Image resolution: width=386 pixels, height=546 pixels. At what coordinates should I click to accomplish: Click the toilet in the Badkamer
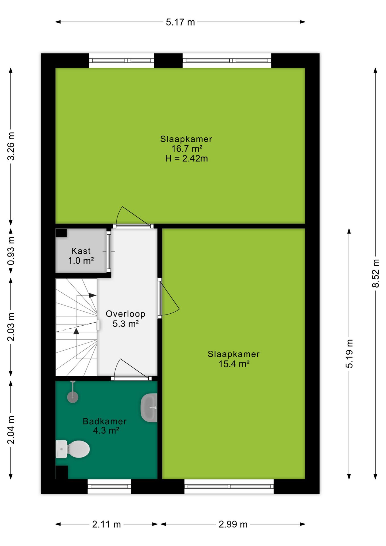(x=72, y=449)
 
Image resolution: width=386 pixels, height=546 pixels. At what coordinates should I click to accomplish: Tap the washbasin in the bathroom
(x=149, y=408)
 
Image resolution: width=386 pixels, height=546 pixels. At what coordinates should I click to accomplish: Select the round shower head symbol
(x=73, y=397)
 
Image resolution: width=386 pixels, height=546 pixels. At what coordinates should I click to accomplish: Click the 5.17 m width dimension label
(x=180, y=22)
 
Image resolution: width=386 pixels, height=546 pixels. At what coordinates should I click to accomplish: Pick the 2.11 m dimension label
(x=107, y=524)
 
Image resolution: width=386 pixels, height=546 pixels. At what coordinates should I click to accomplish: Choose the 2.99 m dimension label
(x=233, y=524)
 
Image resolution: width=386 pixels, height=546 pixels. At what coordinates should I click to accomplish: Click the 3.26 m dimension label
(x=11, y=146)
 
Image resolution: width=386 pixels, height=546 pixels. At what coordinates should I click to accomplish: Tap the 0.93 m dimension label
(x=11, y=251)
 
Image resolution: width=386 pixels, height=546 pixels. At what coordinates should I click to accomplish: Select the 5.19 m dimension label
(x=349, y=353)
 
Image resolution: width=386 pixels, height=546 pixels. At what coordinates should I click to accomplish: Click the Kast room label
(x=81, y=251)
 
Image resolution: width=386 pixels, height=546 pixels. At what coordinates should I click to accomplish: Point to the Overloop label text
(x=126, y=314)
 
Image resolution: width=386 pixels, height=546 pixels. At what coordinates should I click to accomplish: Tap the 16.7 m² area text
(x=187, y=148)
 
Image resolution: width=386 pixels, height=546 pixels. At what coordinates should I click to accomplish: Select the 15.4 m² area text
(x=234, y=364)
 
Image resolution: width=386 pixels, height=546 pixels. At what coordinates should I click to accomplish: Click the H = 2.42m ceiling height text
(x=186, y=158)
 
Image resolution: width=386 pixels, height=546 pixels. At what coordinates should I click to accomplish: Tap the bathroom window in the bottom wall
(x=109, y=486)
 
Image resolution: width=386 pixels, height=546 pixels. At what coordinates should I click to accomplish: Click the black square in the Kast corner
(x=61, y=233)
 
